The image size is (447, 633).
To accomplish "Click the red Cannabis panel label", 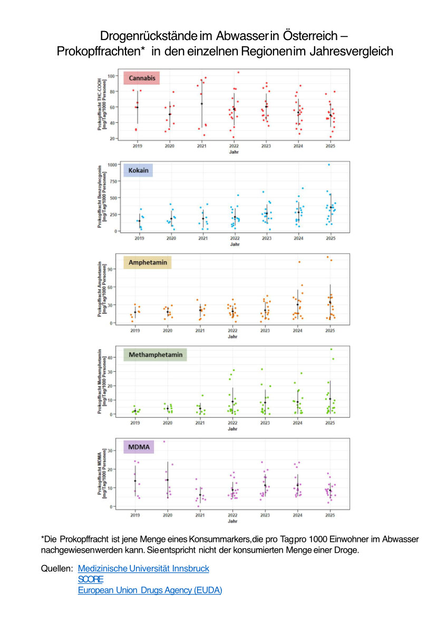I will pos(141,79).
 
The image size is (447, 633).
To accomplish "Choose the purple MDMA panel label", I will pos(138,448).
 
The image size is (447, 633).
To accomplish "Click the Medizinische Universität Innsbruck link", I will pos(143,569).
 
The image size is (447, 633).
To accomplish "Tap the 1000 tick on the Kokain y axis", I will pos(112,165).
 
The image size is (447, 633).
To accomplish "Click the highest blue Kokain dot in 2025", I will pos(329,165).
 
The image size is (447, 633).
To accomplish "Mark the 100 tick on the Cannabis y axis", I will pos(111,76).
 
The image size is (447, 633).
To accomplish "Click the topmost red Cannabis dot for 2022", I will pos(238,72).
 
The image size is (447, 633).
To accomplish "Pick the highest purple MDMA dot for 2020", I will pos(164,442).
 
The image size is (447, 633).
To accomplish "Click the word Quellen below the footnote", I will pos(56,569).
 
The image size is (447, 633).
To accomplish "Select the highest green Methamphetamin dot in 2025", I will pos(331,349).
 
